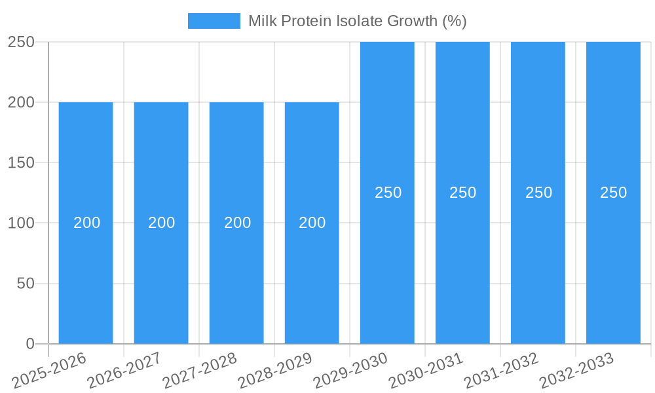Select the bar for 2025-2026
click(86, 262)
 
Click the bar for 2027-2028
click(236, 262)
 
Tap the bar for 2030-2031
click(462, 262)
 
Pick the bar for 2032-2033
click(613, 262)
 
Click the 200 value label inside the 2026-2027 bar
click(161, 223)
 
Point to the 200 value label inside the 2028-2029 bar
click(312, 223)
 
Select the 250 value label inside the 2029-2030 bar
click(388, 193)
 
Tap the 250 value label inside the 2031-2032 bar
click(538, 193)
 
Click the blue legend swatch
click(214, 21)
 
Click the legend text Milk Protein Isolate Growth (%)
click(357, 21)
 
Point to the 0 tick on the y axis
click(29, 344)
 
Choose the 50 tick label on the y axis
click(26, 284)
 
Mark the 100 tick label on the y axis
click(21, 223)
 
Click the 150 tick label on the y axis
click(21, 162)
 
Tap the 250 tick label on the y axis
click(21, 42)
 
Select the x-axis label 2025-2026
click(50, 370)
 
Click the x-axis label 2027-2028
click(200, 370)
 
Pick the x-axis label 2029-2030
click(351, 370)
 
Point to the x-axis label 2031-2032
click(502, 370)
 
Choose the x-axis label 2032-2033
click(577, 370)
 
